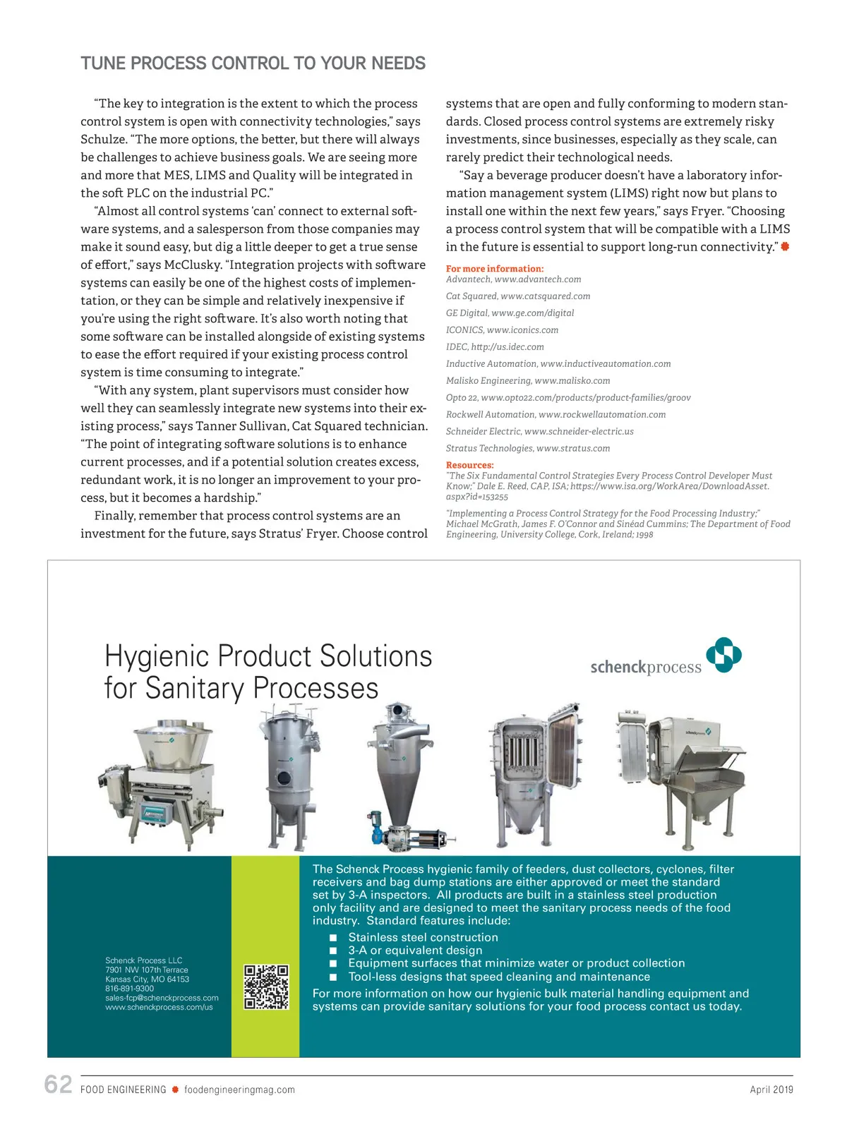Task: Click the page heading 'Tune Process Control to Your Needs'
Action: (253, 64)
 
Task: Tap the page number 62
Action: (58, 1085)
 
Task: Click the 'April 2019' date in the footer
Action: (771, 1089)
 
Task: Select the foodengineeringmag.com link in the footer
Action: (239, 1089)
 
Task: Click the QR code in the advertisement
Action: (266, 986)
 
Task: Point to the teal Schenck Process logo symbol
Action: (723, 655)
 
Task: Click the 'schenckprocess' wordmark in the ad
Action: (645, 667)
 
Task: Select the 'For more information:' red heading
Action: (494, 269)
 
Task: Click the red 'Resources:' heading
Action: (469, 465)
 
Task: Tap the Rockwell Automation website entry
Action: (555, 414)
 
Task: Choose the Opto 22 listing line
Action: (567, 397)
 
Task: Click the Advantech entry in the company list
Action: (513, 279)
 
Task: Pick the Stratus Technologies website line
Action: (527, 448)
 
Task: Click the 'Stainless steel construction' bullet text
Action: (423, 937)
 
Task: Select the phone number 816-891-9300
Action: (129, 989)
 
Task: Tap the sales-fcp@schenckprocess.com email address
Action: (162, 998)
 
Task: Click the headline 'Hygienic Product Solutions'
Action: (268, 656)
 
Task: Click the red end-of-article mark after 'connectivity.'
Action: (785, 246)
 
